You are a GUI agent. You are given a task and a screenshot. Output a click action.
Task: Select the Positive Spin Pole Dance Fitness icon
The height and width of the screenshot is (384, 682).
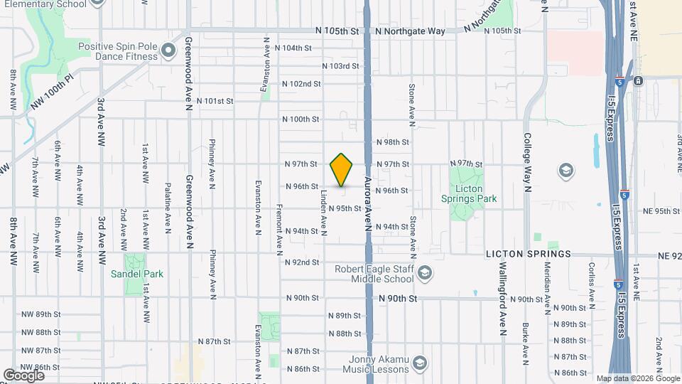pyautogui.click(x=168, y=50)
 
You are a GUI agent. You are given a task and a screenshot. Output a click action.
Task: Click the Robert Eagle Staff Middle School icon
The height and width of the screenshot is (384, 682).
pyautogui.click(x=424, y=273)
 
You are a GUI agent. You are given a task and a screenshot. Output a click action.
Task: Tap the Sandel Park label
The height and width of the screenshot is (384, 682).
pyautogui.click(x=137, y=274)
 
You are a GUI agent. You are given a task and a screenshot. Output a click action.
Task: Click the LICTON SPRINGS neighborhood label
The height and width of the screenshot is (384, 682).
pyautogui.click(x=528, y=254)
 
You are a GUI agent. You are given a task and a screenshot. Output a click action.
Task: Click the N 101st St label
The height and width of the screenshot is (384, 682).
pyautogui.click(x=215, y=101)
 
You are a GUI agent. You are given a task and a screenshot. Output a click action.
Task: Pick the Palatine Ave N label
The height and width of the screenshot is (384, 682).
pyautogui.click(x=168, y=207)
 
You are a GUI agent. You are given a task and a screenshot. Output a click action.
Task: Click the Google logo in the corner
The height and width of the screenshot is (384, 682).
pyautogui.click(x=23, y=375)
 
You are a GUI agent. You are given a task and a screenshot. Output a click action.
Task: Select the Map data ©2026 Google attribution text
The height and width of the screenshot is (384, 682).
pyautogui.click(x=638, y=378)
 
